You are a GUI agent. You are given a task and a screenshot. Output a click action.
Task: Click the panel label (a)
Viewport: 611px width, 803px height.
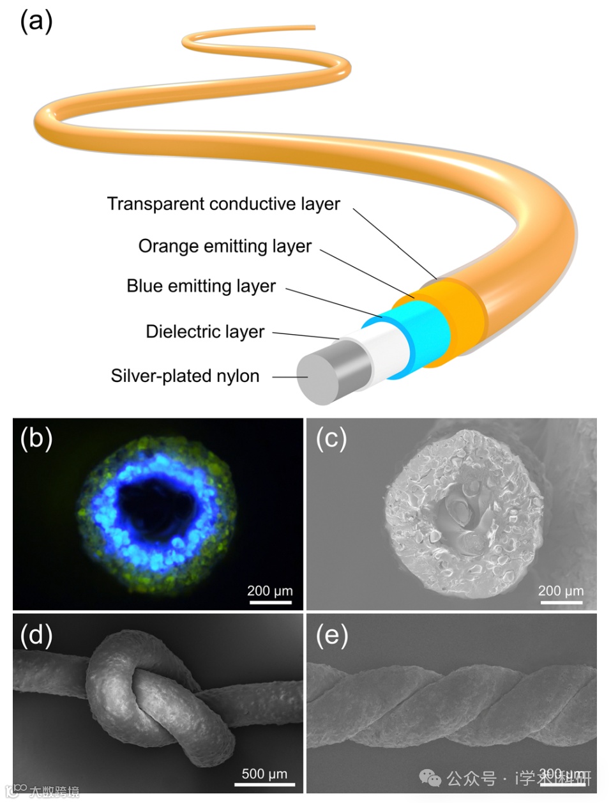[x=36, y=21]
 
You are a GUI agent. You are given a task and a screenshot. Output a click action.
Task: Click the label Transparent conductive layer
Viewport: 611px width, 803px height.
[x=223, y=204]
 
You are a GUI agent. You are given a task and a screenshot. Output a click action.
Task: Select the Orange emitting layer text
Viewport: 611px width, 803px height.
[x=225, y=246]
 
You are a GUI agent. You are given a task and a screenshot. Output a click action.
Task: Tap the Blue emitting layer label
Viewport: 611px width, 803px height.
[x=201, y=286]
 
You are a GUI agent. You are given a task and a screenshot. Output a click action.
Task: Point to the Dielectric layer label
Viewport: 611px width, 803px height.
[x=205, y=332]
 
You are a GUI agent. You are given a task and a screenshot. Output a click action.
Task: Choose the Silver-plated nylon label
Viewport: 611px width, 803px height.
[x=185, y=376]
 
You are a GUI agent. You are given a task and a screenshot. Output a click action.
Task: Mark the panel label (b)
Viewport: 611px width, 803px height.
[x=36, y=439]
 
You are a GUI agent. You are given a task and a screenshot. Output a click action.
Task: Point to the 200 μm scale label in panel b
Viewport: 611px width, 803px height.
[x=269, y=591]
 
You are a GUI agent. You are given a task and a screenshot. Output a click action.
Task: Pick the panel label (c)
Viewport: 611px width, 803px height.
[x=332, y=439]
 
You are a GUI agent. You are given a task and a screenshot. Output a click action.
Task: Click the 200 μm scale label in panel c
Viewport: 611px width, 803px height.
[x=561, y=591]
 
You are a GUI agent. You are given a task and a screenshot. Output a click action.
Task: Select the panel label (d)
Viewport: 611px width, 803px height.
[x=36, y=635]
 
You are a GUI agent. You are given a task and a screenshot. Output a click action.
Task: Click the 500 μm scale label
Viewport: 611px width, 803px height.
[x=264, y=774]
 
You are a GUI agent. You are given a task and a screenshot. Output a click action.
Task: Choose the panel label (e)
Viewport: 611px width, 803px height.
[x=332, y=635]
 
